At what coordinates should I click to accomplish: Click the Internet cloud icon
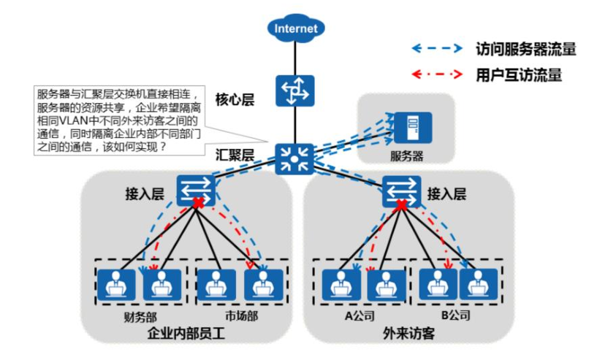click(x=295, y=28)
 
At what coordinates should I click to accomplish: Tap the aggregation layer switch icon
click(x=295, y=156)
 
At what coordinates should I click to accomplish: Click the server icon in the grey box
click(x=406, y=128)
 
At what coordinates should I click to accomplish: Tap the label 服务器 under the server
click(x=406, y=156)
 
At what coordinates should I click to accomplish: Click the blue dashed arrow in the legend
click(x=436, y=49)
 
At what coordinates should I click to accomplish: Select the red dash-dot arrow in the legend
click(x=436, y=74)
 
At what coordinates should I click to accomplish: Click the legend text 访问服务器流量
click(x=525, y=49)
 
